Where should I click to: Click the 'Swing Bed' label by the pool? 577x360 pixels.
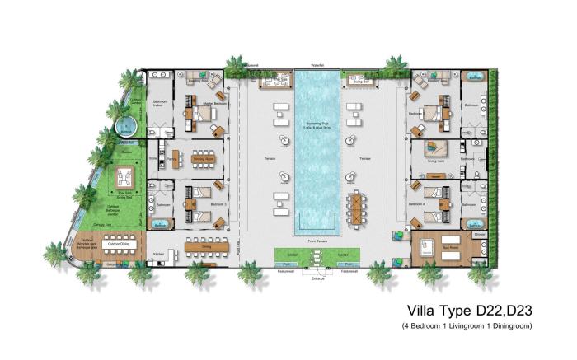coord(359,82)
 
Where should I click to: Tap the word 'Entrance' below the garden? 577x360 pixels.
coord(318,278)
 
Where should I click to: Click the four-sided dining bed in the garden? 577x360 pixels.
coord(125,177)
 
